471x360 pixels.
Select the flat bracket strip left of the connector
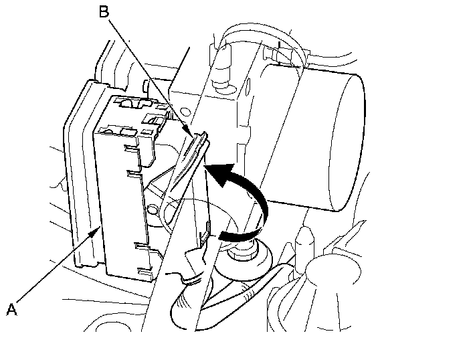(x=77, y=174)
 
